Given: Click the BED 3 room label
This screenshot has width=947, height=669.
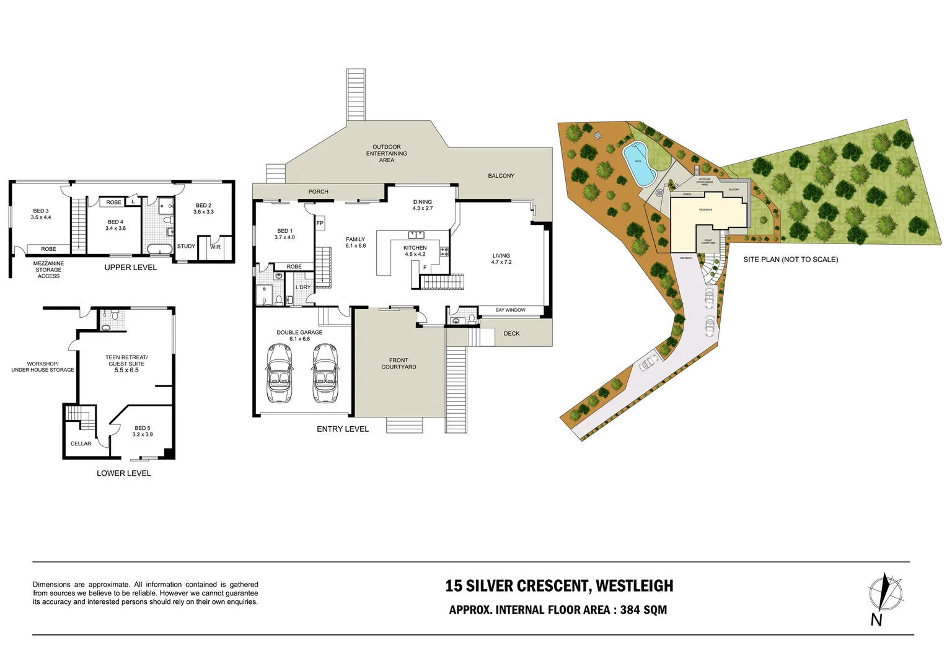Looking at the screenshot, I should coord(41,214).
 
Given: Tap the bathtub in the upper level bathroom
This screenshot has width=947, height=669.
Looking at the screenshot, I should coord(159,250).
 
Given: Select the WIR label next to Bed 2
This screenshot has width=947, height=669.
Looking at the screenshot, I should coord(215,247).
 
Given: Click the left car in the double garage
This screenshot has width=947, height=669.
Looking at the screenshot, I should coord(280,373).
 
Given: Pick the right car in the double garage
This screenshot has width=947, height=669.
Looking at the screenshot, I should coord(325,373).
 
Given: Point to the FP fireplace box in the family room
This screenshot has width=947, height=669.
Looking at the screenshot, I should coord(320,223).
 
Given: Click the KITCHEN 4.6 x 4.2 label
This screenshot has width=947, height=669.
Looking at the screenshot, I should coord(415,251).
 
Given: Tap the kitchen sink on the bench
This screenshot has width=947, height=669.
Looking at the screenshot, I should coord(416,235).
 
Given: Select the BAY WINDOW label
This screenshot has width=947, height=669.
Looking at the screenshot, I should coord(510,310).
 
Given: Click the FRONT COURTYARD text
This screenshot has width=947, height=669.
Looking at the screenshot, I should coord(399,364).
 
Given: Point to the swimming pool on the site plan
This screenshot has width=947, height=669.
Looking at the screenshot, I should coord(638,162).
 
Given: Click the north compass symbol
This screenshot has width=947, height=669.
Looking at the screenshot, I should coord(885,593).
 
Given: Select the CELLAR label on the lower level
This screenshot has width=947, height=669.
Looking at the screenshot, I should coord(81,444).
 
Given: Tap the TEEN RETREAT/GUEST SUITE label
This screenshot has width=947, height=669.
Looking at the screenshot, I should coord(126,363).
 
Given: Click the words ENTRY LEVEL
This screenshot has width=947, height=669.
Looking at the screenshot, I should coord(342,429).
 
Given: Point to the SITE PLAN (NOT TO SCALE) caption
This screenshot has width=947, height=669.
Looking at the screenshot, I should coord(790,260).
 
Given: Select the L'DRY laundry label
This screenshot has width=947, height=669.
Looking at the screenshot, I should coord(303,287).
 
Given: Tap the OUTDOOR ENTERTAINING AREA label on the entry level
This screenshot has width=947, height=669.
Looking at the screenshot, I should coord(386,154).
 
